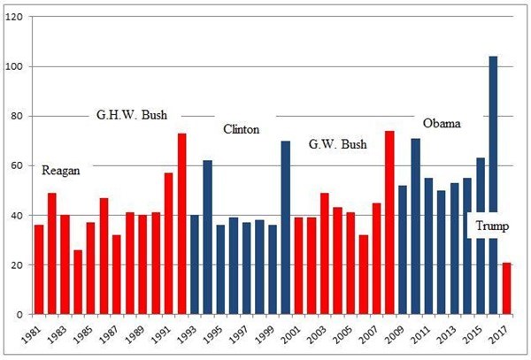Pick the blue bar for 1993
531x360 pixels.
[195, 264]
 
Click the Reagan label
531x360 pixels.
[60, 171]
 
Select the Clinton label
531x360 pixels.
[241, 129]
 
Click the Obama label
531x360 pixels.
[442, 123]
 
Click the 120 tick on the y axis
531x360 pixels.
[14, 18]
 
